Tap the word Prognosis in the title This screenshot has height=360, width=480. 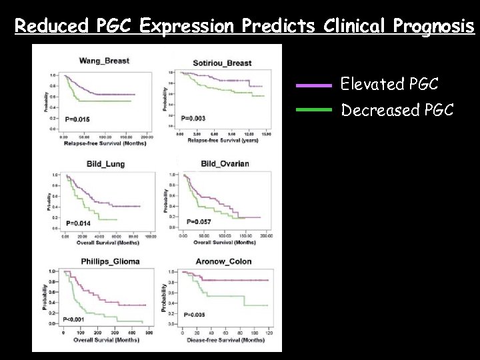click(434, 27)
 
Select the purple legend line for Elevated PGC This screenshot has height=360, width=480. click(313, 85)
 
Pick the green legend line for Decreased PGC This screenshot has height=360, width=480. click(313, 109)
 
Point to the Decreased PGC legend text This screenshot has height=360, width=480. click(397, 109)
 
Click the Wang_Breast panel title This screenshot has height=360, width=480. click(104, 61)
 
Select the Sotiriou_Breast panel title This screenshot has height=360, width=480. click(222, 63)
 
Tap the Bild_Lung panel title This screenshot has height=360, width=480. click(104, 164)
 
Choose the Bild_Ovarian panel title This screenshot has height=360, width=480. click(224, 164)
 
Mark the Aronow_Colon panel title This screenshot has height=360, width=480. click(225, 261)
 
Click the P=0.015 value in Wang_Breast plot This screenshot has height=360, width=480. click(77, 119)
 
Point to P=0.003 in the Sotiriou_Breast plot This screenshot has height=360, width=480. click(193, 118)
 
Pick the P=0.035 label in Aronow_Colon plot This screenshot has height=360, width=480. click(195, 314)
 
